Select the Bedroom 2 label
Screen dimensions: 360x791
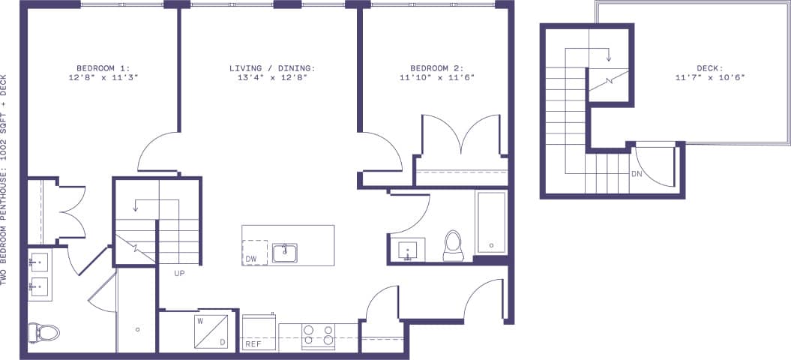(438, 67)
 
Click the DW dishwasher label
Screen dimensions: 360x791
(251, 259)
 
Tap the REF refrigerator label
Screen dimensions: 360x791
(253, 344)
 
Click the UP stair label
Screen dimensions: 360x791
(179, 273)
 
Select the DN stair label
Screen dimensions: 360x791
(635, 174)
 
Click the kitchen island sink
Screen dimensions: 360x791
(284, 253)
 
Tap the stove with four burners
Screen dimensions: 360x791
(318, 336)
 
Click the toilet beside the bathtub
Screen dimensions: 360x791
(453, 245)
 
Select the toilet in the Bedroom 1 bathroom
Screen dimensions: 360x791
(43, 331)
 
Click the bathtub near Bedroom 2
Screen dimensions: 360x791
(491, 222)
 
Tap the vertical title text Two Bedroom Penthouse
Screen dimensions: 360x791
(5, 180)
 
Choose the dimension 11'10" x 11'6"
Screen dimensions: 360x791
(438, 77)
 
